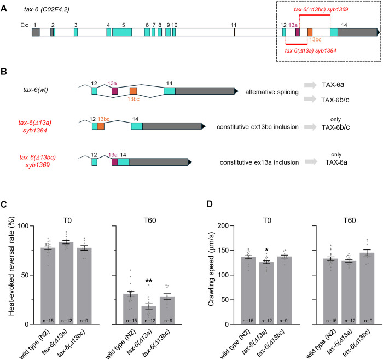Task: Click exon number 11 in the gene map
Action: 234,25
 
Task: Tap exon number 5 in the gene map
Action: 123,25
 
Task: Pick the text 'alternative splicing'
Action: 270,91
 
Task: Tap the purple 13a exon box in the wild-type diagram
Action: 115,91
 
